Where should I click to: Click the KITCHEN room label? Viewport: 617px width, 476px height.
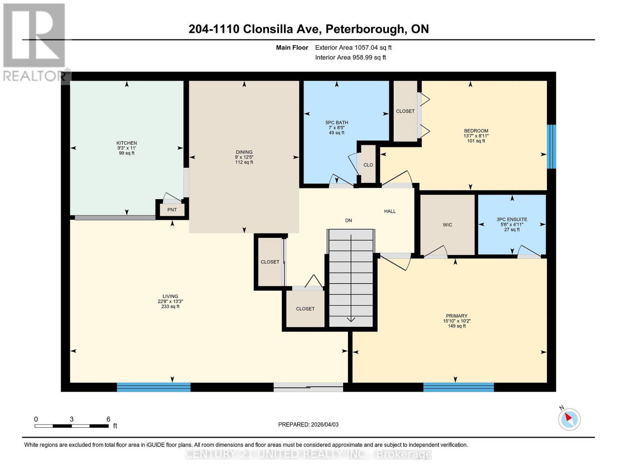point(126,143)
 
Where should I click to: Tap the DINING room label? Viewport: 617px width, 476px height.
point(244,152)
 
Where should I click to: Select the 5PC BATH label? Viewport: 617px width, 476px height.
point(337,123)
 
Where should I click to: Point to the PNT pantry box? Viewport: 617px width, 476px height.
point(172,210)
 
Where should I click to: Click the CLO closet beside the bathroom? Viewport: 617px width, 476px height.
point(368,165)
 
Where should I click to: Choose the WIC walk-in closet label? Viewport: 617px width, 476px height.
point(447,225)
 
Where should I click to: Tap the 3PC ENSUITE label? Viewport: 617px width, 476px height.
point(512,219)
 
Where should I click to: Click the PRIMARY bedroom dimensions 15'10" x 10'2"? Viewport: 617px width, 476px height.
point(456,321)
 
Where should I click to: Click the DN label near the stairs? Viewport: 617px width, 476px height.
point(348,221)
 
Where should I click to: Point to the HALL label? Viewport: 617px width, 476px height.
point(390,211)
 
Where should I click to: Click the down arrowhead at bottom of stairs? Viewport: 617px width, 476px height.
point(351,319)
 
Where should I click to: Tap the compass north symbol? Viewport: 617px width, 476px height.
point(569,419)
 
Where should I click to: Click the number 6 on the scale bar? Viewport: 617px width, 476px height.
point(108,419)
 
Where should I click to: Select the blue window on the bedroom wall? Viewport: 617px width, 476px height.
point(551,147)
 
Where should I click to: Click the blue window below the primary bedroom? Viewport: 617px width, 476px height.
point(458,387)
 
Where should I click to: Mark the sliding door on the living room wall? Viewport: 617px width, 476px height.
point(308,387)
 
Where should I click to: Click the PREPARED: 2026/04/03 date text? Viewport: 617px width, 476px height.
point(308,424)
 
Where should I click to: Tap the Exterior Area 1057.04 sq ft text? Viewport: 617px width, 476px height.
point(353,48)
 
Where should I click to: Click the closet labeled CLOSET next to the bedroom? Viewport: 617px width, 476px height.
point(405,111)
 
